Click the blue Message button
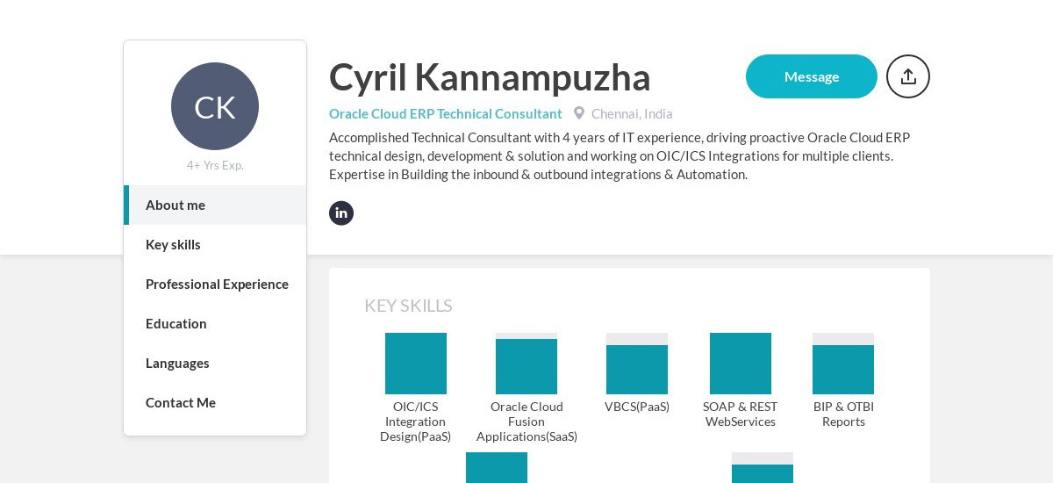(811, 76)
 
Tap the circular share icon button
(907, 76)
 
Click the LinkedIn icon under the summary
(341, 213)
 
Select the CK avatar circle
(215, 106)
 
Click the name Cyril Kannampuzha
(490, 77)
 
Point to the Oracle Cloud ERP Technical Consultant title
(445, 113)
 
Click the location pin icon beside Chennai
(579, 113)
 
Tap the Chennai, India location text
(632, 113)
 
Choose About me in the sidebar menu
(175, 205)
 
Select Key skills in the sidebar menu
(173, 244)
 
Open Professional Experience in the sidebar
(217, 284)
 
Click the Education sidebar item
(176, 323)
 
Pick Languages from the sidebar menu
(177, 363)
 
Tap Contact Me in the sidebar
(181, 402)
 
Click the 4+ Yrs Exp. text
(215, 165)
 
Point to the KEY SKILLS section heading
(408, 306)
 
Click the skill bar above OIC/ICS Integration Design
(416, 364)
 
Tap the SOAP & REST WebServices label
(740, 414)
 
